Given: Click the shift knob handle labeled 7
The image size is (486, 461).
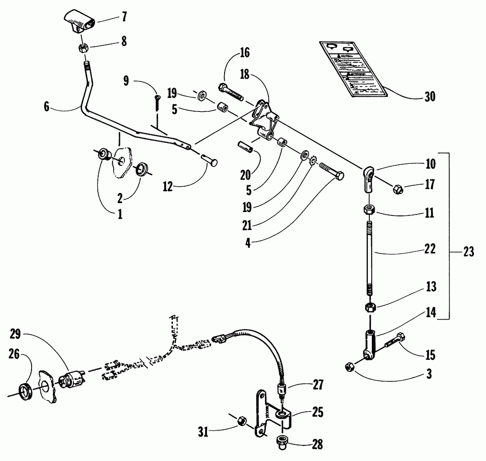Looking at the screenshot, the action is tap(79, 21).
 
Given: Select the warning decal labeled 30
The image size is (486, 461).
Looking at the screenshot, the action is tap(352, 68).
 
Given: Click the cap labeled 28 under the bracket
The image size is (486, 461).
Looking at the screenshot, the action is tap(282, 442).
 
